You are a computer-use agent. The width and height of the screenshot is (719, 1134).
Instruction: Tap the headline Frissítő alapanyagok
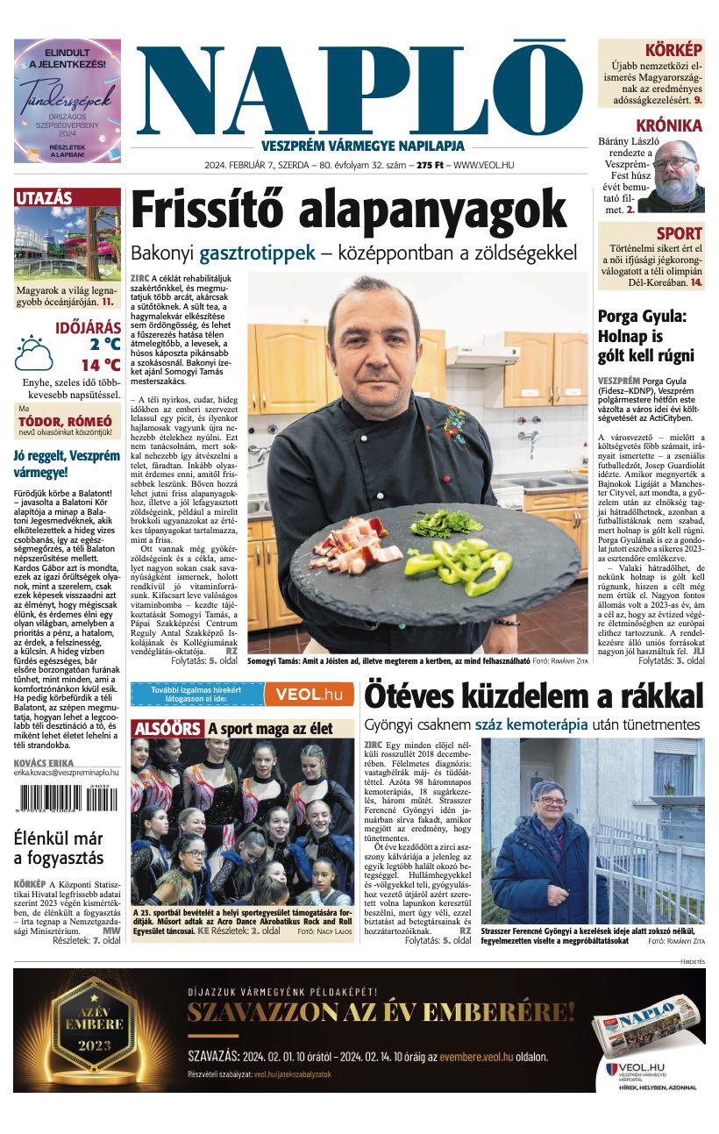point(349,210)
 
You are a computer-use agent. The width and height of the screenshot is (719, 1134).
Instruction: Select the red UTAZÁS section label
point(44,198)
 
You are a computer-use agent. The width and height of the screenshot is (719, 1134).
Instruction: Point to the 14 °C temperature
point(101,365)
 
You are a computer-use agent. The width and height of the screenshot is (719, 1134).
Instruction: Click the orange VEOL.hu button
point(309,695)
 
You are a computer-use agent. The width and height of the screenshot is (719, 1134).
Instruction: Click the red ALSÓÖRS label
point(167,729)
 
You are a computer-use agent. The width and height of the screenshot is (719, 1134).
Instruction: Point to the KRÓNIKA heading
point(669,125)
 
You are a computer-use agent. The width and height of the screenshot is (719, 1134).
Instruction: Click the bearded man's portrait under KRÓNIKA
point(677,175)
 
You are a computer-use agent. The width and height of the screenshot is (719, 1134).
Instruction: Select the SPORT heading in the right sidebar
point(680,233)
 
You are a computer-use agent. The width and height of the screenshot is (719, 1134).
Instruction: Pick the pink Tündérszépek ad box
point(68,101)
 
